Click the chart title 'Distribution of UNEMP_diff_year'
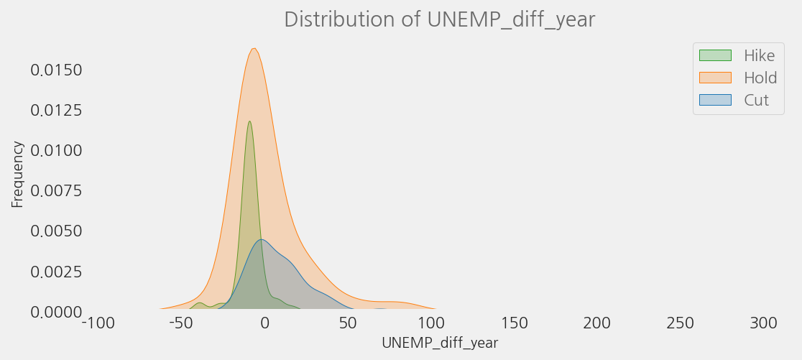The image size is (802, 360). click(x=439, y=19)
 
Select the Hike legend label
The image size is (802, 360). click(x=759, y=56)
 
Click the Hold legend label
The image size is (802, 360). click(x=760, y=78)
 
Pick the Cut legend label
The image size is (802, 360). click(x=756, y=101)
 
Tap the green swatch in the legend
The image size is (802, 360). click(x=714, y=56)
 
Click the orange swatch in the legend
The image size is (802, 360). click(x=714, y=78)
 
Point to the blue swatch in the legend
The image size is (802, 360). click(x=714, y=100)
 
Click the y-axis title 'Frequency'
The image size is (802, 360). click(x=17, y=174)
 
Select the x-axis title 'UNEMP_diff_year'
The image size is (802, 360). click(x=439, y=343)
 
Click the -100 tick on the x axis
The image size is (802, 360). click(x=98, y=324)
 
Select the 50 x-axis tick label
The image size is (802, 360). click(x=348, y=324)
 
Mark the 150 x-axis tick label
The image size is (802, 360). click(x=514, y=324)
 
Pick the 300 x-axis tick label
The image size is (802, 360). click(x=763, y=324)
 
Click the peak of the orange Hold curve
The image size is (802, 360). click(x=254, y=49)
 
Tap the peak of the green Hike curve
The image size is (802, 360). click(x=249, y=121)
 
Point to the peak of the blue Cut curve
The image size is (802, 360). click(x=262, y=239)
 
